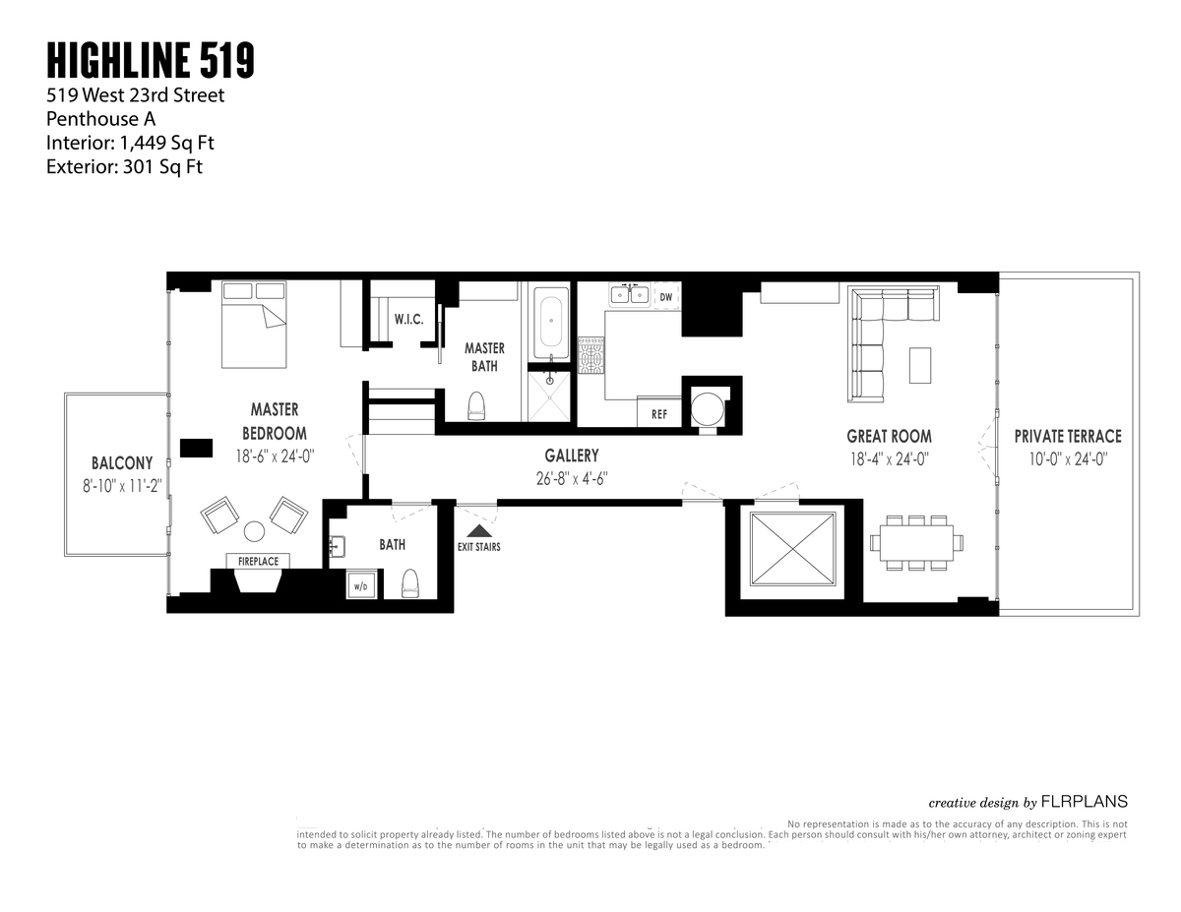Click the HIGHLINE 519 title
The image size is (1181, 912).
click(x=151, y=61)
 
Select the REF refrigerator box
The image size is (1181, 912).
click(x=659, y=413)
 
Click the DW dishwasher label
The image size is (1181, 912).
click(x=666, y=295)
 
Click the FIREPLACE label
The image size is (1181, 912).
click(x=258, y=561)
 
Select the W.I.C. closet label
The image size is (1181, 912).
click(x=408, y=320)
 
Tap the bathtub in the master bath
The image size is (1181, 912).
click(x=550, y=323)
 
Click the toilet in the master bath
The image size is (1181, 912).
click(x=477, y=404)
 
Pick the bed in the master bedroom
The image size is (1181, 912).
click(x=254, y=325)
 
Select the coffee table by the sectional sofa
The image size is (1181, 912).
click(x=919, y=365)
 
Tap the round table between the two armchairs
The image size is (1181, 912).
click(x=254, y=531)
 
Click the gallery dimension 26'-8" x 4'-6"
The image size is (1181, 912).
click(x=571, y=478)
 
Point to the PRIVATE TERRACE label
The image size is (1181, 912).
click(x=1068, y=436)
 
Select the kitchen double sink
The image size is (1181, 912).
click(x=629, y=294)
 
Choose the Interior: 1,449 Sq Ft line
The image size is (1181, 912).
click(x=130, y=143)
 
